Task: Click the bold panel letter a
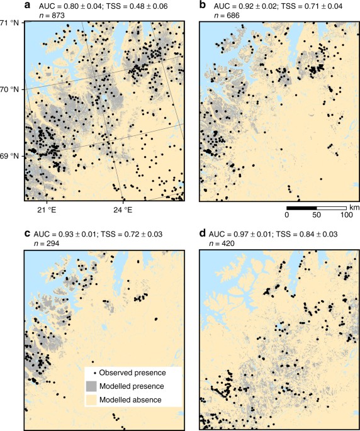tap(26, 5)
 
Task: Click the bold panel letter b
tap(203, 5)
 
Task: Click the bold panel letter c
tap(26, 233)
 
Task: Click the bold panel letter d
tap(203, 233)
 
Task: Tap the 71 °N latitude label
tap(11, 23)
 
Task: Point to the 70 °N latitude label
tap(11, 89)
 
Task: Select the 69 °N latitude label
tap(11, 155)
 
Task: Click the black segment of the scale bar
tap(301, 207)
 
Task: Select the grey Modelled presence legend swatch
tap(93, 385)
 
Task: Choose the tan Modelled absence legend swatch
tap(93, 399)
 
